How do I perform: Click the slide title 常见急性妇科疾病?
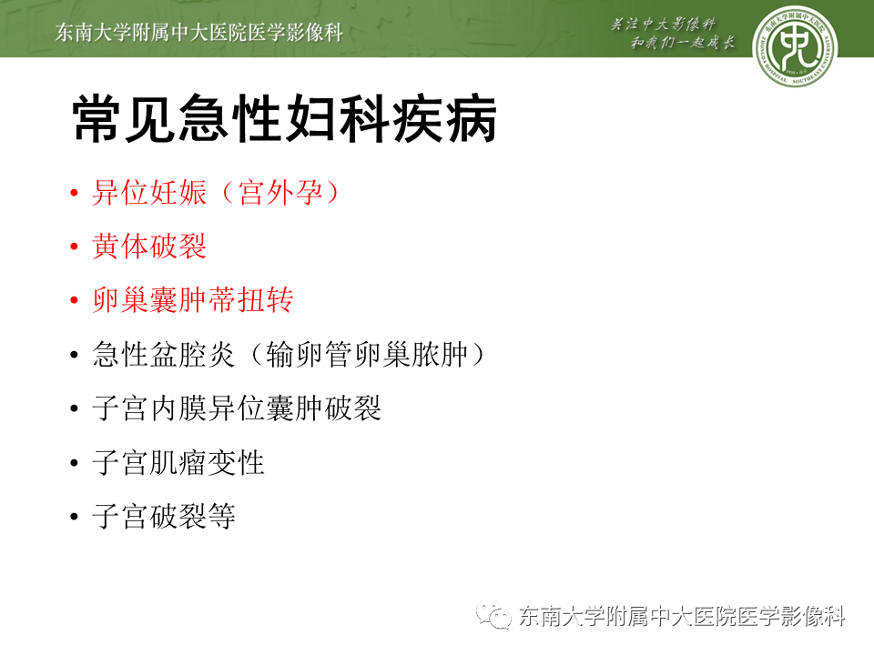point(284,119)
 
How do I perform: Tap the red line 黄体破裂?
point(149,247)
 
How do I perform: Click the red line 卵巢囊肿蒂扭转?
point(192,300)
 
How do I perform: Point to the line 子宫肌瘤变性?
point(178,463)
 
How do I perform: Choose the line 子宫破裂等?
point(164,517)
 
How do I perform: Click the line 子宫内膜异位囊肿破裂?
point(236,408)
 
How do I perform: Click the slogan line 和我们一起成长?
point(683,45)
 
